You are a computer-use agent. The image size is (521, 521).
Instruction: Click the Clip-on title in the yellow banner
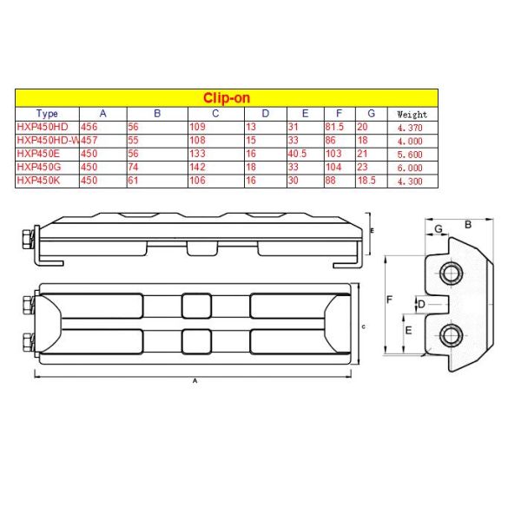227,97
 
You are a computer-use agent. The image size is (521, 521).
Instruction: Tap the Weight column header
412,114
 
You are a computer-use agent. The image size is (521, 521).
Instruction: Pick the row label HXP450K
38,180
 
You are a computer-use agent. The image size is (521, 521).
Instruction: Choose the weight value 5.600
410,154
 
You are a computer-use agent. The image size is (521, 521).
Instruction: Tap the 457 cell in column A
89,140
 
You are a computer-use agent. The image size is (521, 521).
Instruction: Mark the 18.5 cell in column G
368,180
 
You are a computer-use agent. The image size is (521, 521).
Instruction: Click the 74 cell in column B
134,167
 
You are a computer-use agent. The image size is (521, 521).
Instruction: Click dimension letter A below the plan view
194,381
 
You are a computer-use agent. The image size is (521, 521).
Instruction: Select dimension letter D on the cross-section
421,304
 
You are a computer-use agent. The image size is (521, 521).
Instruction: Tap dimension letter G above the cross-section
439,228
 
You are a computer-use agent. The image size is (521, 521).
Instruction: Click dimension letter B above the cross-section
469,224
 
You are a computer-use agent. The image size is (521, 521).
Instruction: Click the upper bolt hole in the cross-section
451,274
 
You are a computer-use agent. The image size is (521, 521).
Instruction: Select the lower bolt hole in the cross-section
451,334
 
